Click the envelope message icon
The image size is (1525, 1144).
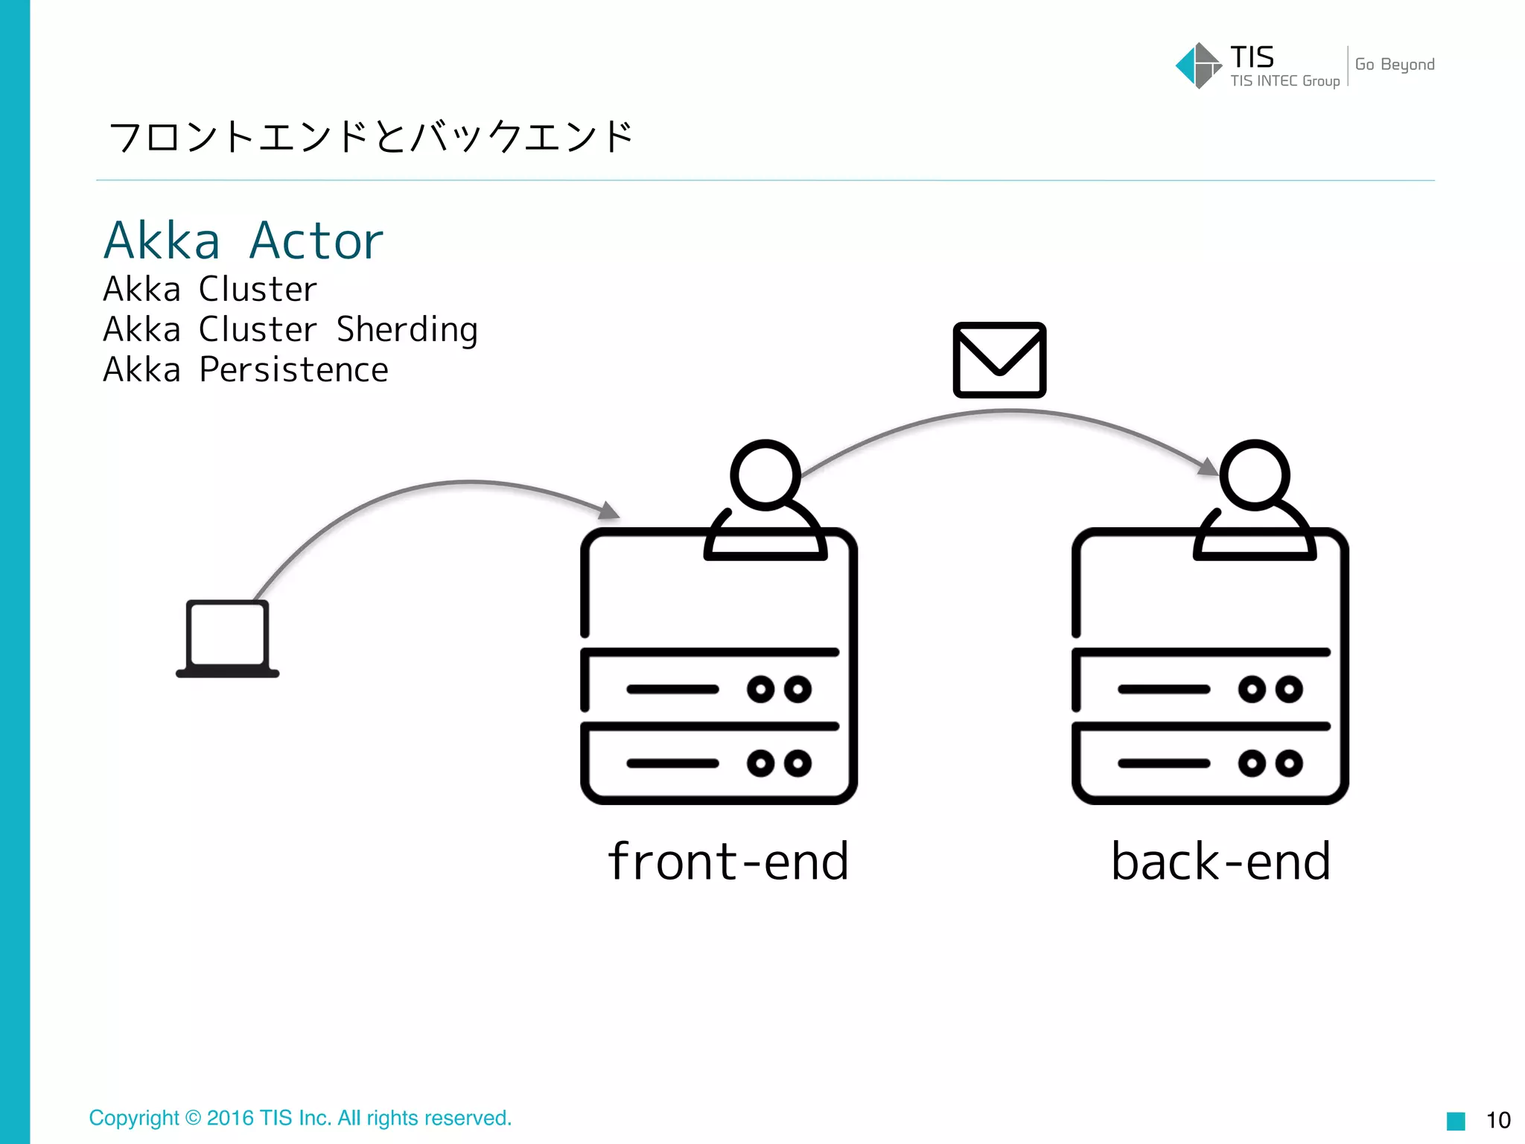(x=999, y=360)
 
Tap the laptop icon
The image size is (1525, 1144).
(x=227, y=639)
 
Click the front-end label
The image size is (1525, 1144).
(x=728, y=861)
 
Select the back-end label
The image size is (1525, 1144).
(x=1220, y=861)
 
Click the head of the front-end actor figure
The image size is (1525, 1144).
(x=765, y=475)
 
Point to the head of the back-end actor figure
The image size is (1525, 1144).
(x=1255, y=475)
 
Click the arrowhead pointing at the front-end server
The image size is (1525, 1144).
(x=610, y=511)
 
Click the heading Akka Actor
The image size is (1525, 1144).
(x=243, y=241)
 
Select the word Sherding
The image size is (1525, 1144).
(x=407, y=329)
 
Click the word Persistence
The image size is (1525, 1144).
(x=293, y=369)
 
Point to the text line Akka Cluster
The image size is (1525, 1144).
(x=210, y=289)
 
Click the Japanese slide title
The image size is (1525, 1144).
(x=370, y=137)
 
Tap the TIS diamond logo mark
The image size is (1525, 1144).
(x=1197, y=66)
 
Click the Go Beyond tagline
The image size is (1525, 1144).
(x=1394, y=65)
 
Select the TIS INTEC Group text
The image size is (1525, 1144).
(x=1284, y=81)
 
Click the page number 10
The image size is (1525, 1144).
(x=1497, y=1120)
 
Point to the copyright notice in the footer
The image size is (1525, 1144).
(x=300, y=1118)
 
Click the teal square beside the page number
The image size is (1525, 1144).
(x=1455, y=1121)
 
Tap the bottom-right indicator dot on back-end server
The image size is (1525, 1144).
(x=1289, y=763)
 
